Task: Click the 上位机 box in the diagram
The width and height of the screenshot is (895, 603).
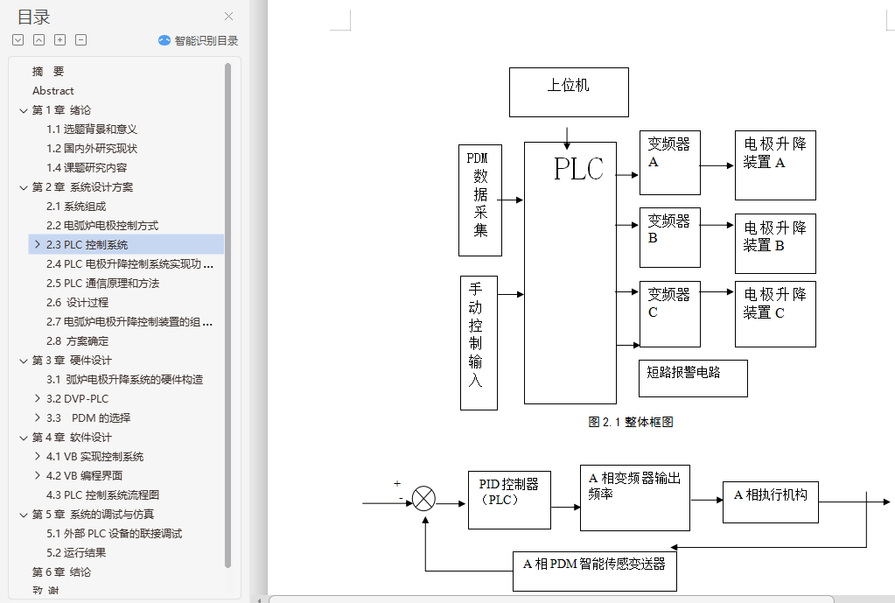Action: tap(569, 92)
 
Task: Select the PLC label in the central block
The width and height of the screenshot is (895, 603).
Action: tap(578, 169)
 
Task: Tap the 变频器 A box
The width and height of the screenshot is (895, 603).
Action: tap(669, 163)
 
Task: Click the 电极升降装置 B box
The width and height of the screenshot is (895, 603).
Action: tap(775, 243)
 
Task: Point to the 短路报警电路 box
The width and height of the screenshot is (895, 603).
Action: tap(693, 378)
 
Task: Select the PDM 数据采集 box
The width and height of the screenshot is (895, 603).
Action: tap(480, 200)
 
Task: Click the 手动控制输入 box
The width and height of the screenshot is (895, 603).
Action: tap(479, 343)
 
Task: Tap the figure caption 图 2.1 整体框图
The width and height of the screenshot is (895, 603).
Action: tap(631, 422)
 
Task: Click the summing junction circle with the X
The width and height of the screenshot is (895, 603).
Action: tap(423, 499)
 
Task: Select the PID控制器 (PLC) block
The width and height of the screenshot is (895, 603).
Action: tap(509, 499)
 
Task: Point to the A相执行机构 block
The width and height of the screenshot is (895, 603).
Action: tap(770, 502)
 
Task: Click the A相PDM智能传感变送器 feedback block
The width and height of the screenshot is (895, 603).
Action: tap(594, 571)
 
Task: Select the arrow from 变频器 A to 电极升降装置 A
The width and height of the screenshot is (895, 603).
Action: tap(717, 165)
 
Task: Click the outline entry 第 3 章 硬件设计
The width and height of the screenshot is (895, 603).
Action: tap(72, 361)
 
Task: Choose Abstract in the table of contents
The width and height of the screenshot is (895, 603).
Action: tap(53, 91)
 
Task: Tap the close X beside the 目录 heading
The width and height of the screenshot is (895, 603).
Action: tap(229, 16)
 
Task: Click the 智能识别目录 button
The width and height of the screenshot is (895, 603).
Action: tap(199, 40)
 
